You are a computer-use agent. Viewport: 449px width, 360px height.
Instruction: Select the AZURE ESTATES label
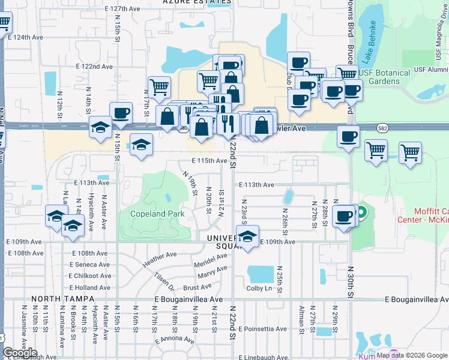pos(197,2)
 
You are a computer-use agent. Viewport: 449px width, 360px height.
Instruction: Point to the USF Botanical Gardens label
pos(387,77)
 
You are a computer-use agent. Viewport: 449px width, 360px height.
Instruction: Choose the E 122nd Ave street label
pos(95,67)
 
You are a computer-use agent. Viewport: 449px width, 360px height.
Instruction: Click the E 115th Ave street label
pos(209,161)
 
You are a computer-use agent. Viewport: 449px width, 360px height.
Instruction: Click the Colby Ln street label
pos(259,288)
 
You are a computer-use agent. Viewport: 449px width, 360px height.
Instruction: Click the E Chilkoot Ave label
pos(90,276)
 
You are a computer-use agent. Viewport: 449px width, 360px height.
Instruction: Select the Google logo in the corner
pos(20,353)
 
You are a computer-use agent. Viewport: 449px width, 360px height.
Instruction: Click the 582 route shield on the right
pos(382,128)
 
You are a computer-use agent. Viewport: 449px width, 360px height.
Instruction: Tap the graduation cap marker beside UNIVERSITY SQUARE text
pos(247,236)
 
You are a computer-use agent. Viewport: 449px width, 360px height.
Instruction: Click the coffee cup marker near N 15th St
pos(121,112)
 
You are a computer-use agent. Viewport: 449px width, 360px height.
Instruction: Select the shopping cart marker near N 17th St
pos(159,86)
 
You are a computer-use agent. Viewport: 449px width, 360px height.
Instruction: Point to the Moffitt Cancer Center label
pos(430,215)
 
